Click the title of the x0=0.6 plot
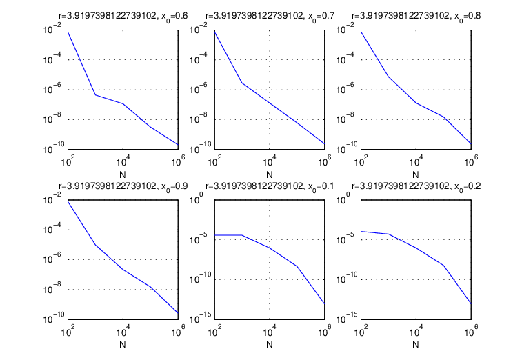[123, 16]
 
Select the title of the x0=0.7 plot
[270, 16]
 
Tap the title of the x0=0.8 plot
[416, 16]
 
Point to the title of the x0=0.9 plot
[123, 186]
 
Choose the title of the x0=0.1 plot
[270, 186]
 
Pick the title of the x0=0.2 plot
[416, 186]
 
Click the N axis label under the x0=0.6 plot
[123, 174]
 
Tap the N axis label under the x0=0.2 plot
[416, 344]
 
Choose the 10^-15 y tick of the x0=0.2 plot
[347, 318]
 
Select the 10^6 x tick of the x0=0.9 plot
[178, 331]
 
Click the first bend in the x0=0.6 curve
[95, 95]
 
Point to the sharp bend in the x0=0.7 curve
[242, 83]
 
